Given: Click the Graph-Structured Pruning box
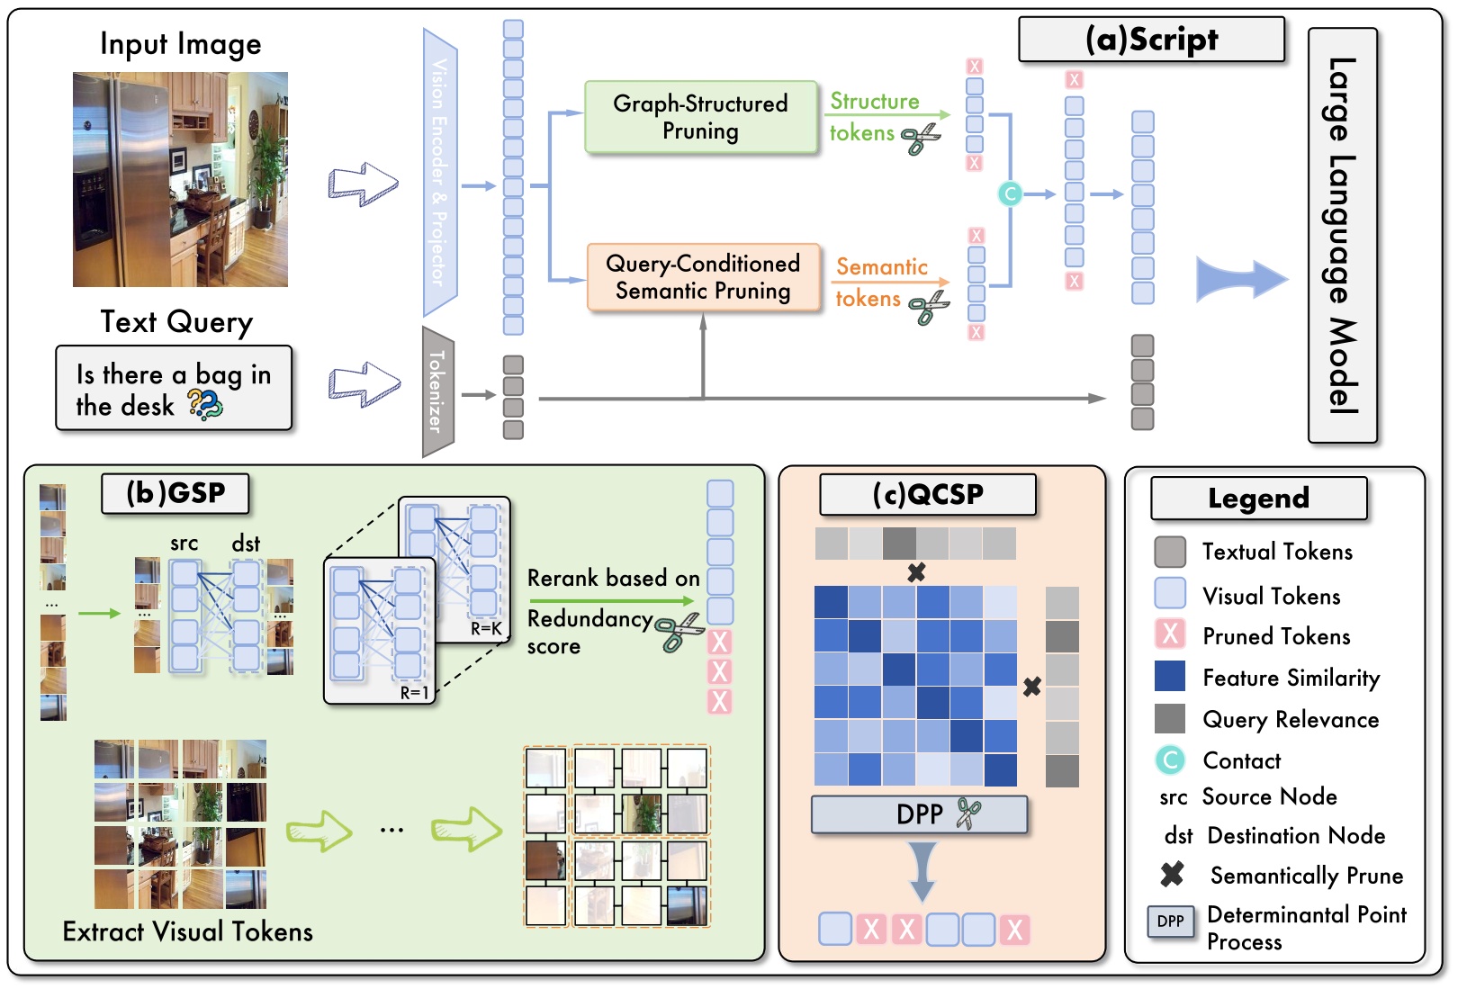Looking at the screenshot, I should pyautogui.click(x=701, y=117).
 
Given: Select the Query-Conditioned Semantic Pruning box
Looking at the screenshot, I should pyautogui.click(x=703, y=277).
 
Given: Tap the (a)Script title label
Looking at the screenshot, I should pyautogui.click(x=1151, y=40).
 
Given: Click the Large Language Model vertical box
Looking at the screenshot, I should pyautogui.click(x=1342, y=235).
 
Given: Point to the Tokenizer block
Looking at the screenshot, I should pyautogui.click(x=438, y=391).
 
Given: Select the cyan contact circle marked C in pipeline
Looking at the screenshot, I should pyautogui.click(x=1010, y=193).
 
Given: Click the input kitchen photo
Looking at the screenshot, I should pyautogui.click(x=180, y=179).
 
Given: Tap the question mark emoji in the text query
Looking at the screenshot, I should pyautogui.click(x=205, y=405).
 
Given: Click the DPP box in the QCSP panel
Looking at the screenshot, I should pyautogui.click(x=919, y=814).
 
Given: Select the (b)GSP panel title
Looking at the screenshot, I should pyautogui.click(x=175, y=493).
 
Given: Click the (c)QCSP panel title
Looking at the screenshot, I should pyautogui.click(x=928, y=494).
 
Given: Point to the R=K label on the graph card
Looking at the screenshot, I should pyautogui.click(x=486, y=628).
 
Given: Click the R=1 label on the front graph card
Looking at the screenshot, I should pyautogui.click(x=414, y=692).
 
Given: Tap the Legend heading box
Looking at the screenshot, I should pyautogui.click(x=1258, y=499).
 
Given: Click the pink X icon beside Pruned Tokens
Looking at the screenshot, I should pyautogui.click(x=1170, y=634).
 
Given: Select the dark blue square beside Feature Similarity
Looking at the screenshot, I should pyautogui.click(x=1170, y=676).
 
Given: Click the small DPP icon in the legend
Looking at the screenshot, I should pyautogui.click(x=1170, y=922).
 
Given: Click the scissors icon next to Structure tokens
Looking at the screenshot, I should pyautogui.click(x=920, y=139).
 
